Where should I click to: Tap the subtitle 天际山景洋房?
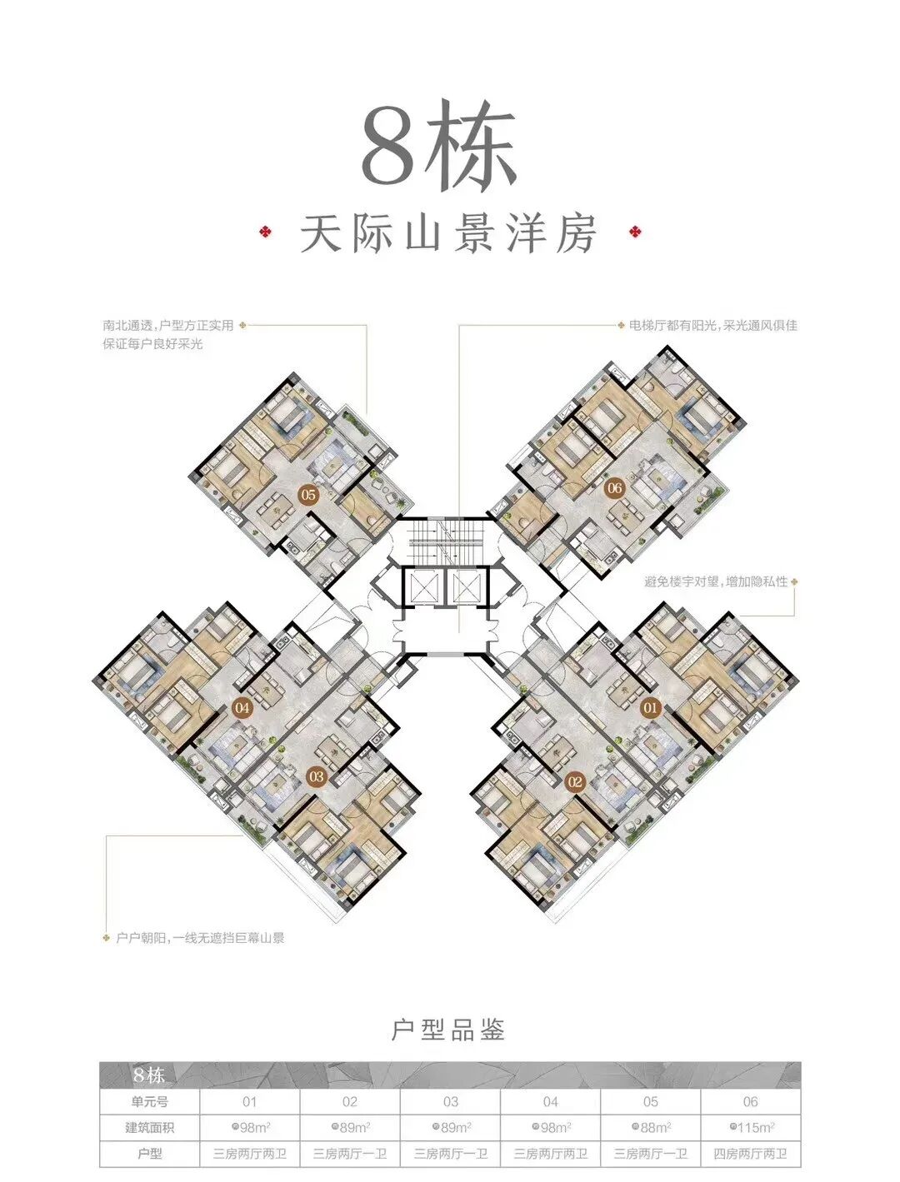coord(448,234)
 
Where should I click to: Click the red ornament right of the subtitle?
coord(634,232)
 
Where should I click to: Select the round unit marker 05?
coord(308,496)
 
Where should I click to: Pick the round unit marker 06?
coord(614,488)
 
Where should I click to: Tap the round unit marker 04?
coord(242,709)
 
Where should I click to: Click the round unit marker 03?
coord(316,776)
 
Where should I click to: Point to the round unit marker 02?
coord(574,781)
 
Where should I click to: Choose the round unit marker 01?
coord(650,709)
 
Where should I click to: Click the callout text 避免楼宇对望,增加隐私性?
coord(715,581)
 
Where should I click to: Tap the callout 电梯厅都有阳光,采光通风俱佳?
coord(707,325)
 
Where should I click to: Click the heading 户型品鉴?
coord(448,1030)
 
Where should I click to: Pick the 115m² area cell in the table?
coord(751,1127)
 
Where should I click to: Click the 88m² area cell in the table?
coord(651,1127)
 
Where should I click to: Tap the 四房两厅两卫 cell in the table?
coord(751,1154)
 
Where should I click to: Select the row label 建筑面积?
coord(149,1127)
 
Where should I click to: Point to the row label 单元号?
coord(149,1101)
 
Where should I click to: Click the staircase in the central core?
coord(442,541)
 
